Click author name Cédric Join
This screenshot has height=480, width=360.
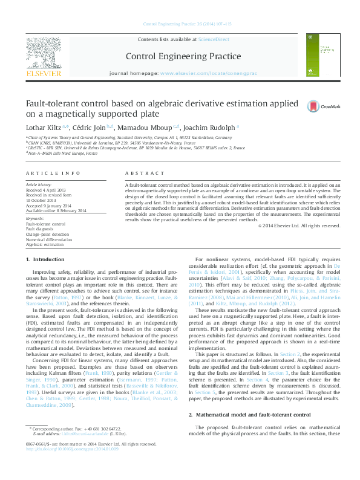click(92, 128)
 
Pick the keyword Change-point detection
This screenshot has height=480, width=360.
click(47, 233)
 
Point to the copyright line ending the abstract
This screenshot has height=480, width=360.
click(307, 225)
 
